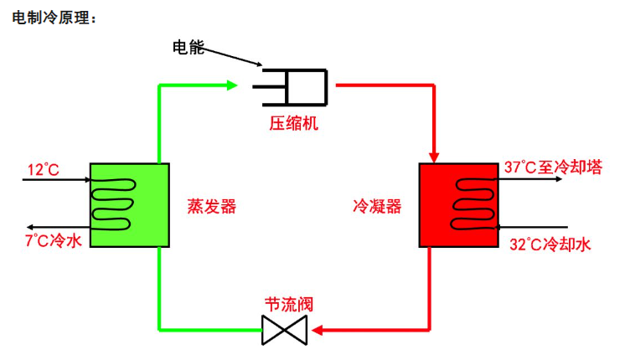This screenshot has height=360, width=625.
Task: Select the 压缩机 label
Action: (294, 124)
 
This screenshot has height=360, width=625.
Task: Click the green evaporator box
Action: (129, 204)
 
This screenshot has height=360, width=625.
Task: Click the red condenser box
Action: (458, 205)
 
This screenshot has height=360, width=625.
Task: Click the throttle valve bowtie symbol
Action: (285, 330)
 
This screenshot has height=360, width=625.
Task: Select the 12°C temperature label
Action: (44, 170)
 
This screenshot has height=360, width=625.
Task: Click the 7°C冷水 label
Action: (54, 241)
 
